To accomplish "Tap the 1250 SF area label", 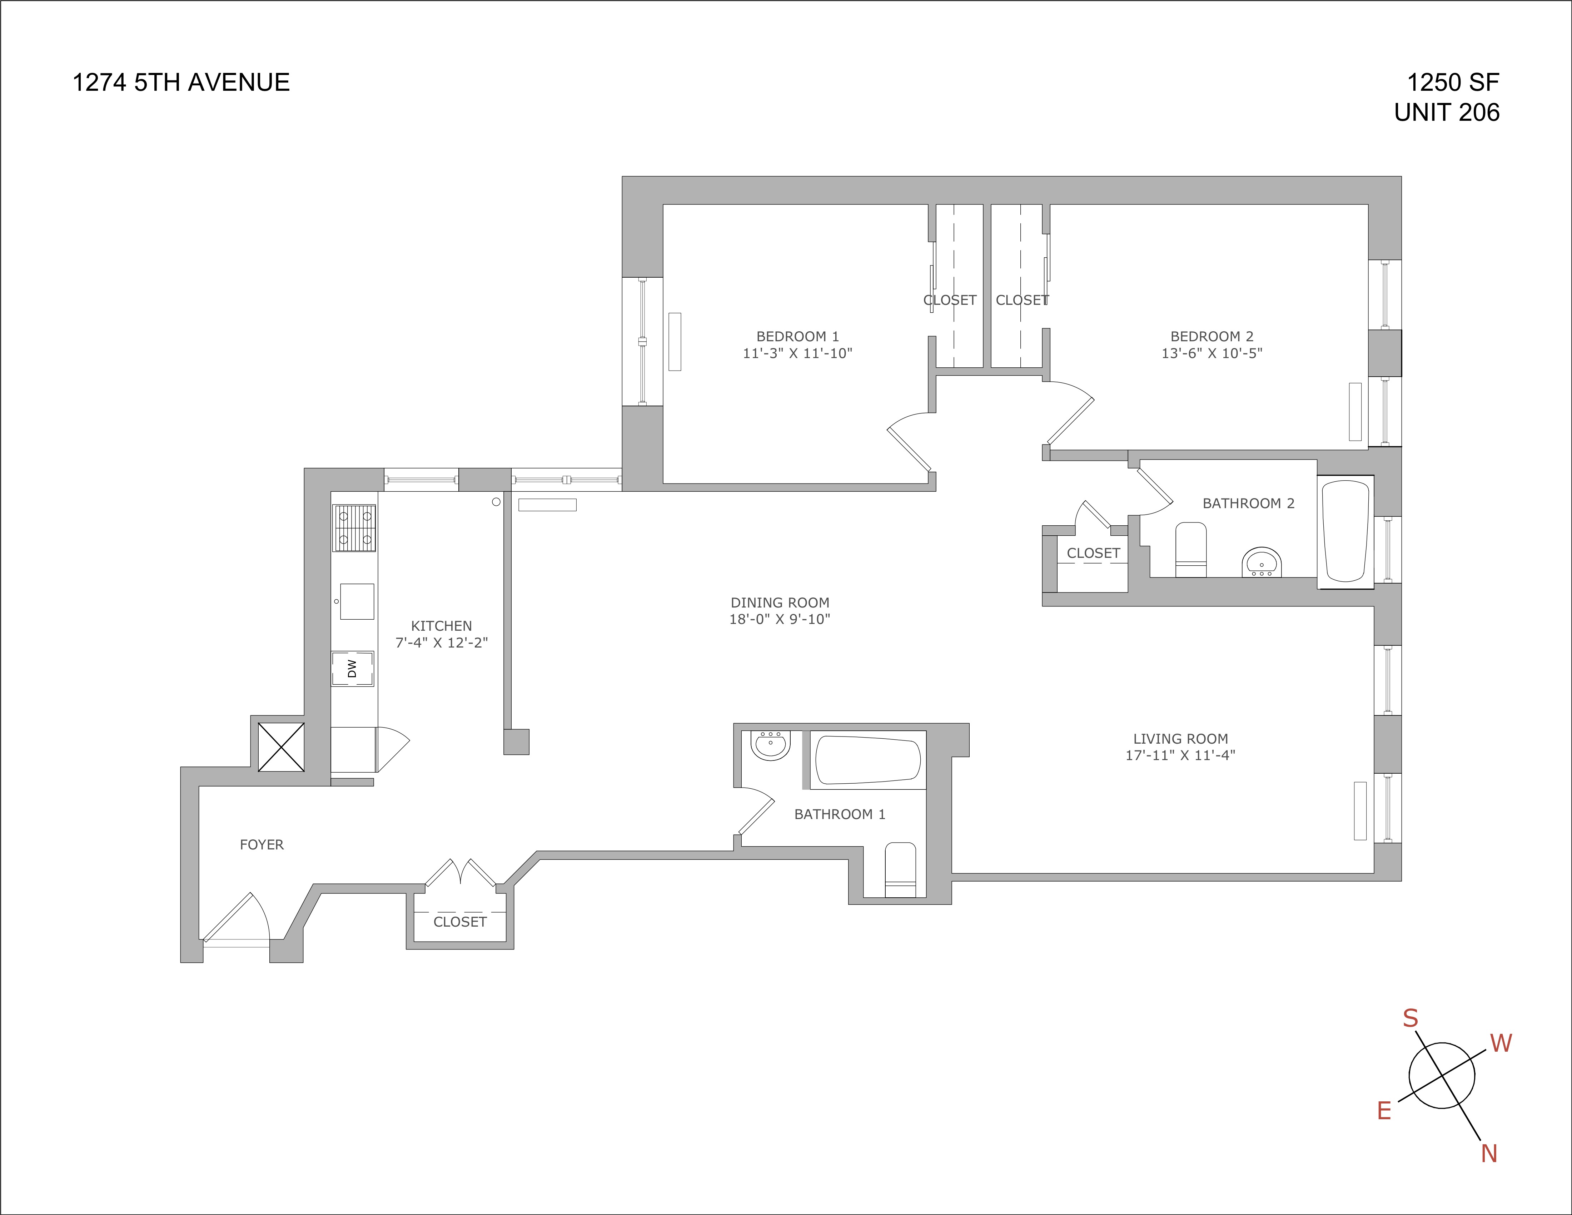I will [x=1453, y=83].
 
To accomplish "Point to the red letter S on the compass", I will [x=1410, y=1018].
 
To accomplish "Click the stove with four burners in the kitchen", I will [x=354, y=527].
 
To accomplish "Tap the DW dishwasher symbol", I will [x=352, y=669].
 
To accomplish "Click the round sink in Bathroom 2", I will [x=1262, y=562].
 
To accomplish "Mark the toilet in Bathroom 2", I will [x=1190, y=550].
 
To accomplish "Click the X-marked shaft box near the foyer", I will [x=281, y=747].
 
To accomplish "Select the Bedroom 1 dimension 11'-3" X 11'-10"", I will [x=797, y=353].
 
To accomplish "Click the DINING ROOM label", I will [x=780, y=602].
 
